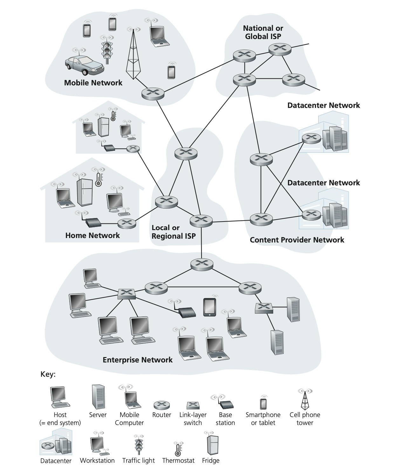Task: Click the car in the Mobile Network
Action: [85, 65]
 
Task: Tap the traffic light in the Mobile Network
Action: [107, 51]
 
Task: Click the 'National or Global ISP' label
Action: [263, 32]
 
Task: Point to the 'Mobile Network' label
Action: [93, 83]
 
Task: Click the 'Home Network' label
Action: [93, 235]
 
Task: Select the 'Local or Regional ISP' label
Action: [174, 232]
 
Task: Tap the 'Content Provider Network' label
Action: [297, 240]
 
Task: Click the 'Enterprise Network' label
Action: [137, 360]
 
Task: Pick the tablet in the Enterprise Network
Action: [209, 307]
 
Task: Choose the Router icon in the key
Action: [161, 405]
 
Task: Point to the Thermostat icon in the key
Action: [178, 449]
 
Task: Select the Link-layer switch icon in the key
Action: [193, 405]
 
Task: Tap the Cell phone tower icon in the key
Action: [305, 401]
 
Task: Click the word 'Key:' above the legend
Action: [48, 375]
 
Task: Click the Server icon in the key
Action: [98, 397]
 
